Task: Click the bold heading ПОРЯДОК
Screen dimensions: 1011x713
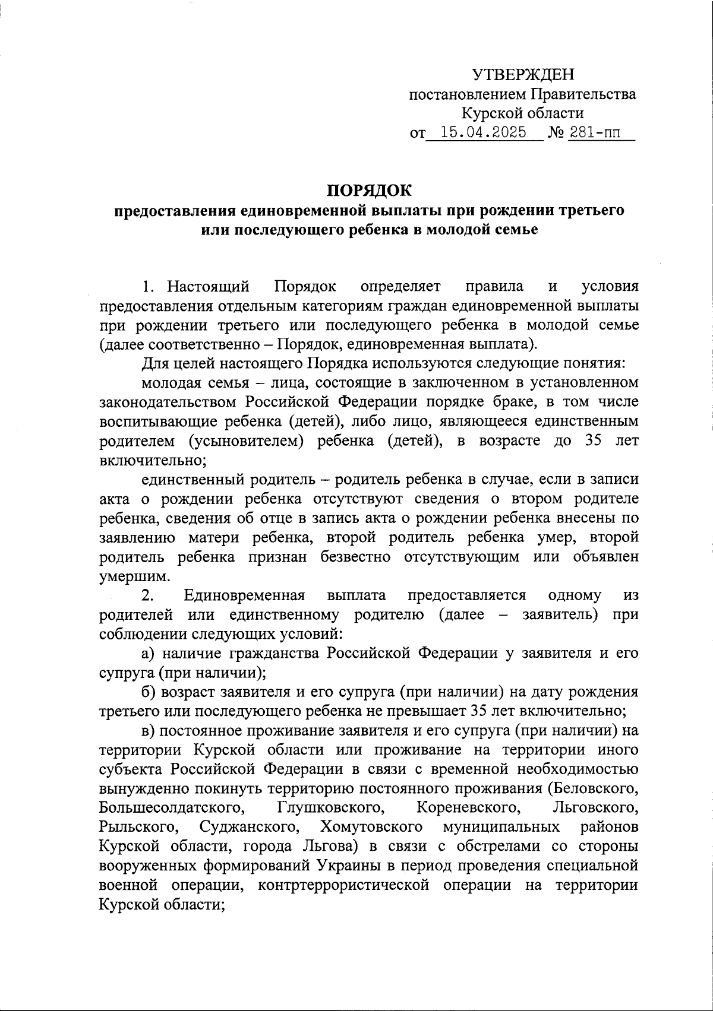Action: coord(368,191)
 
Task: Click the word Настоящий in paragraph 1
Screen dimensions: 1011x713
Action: coord(208,287)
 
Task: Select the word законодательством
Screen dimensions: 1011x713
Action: coord(168,402)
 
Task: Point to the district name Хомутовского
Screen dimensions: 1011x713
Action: coord(371,827)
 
